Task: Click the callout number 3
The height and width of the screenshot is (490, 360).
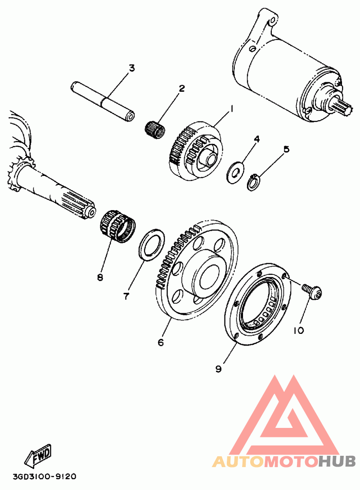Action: coord(132,68)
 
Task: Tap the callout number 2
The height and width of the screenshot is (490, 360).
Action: coord(182,88)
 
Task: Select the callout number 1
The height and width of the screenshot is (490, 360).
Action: coord(231,108)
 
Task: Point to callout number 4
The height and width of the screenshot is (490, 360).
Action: coord(256,139)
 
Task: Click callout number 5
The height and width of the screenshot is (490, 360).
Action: coord(286,149)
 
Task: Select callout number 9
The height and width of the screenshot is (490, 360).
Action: coord(219,369)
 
